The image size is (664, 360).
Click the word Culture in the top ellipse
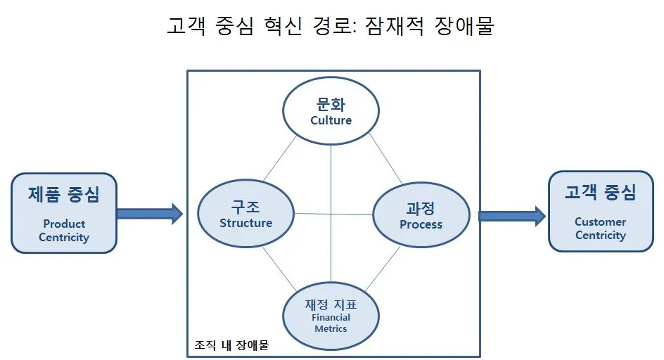coord(331,120)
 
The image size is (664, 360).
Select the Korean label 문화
coord(331,105)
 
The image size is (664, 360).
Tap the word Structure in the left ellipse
coord(245,223)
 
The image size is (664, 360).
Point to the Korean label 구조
coord(245,207)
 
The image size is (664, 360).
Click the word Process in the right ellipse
coord(421,224)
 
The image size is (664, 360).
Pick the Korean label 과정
coord(421,208)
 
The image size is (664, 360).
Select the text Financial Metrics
coord(331,323)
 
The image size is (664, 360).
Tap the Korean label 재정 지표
coord(331,305)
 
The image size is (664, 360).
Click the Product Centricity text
coord(64,231)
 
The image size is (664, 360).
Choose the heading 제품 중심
coord(64,194)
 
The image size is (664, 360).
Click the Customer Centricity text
coord(600,229)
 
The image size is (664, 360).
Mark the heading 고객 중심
coord(600,192)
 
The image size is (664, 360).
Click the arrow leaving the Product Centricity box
coord(149,212)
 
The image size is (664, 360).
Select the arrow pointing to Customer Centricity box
coord(512,215)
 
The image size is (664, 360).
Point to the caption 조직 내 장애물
coord(231,346)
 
